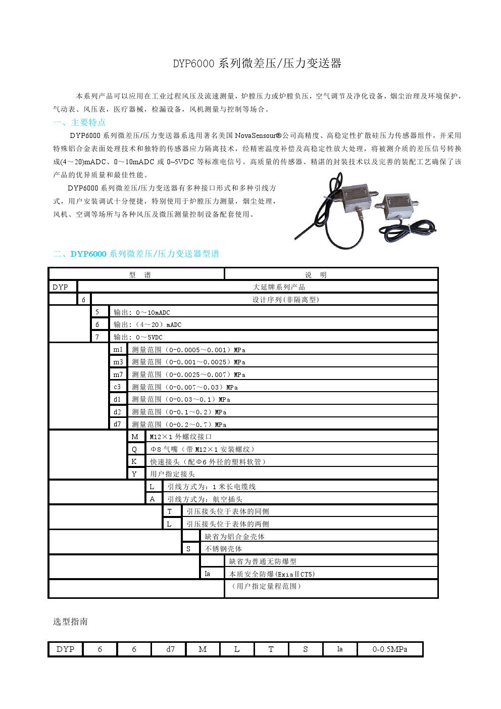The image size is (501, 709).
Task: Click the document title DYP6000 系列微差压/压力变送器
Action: [257, 64]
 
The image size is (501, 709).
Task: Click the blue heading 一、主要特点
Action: [79, 122]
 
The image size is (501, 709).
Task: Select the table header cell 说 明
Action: [316, 275]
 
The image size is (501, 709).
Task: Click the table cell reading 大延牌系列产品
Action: [279, 287]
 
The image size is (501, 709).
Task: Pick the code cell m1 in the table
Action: [118, 350]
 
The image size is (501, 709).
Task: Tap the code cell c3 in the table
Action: [117, 387]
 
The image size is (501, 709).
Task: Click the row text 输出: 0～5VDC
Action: [138, 337]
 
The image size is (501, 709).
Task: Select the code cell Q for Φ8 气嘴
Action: [134, 449]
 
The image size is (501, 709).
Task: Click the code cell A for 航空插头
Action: [153, 499]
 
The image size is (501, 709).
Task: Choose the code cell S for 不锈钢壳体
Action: [189, 549]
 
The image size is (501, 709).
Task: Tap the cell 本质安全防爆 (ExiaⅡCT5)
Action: [272, 574]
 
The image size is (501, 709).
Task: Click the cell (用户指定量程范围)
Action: [266, 586]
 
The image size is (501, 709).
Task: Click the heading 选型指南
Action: [71, 622]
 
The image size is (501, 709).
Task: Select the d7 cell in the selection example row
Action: [171, 649]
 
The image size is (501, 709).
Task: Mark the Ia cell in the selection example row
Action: [340, 649]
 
